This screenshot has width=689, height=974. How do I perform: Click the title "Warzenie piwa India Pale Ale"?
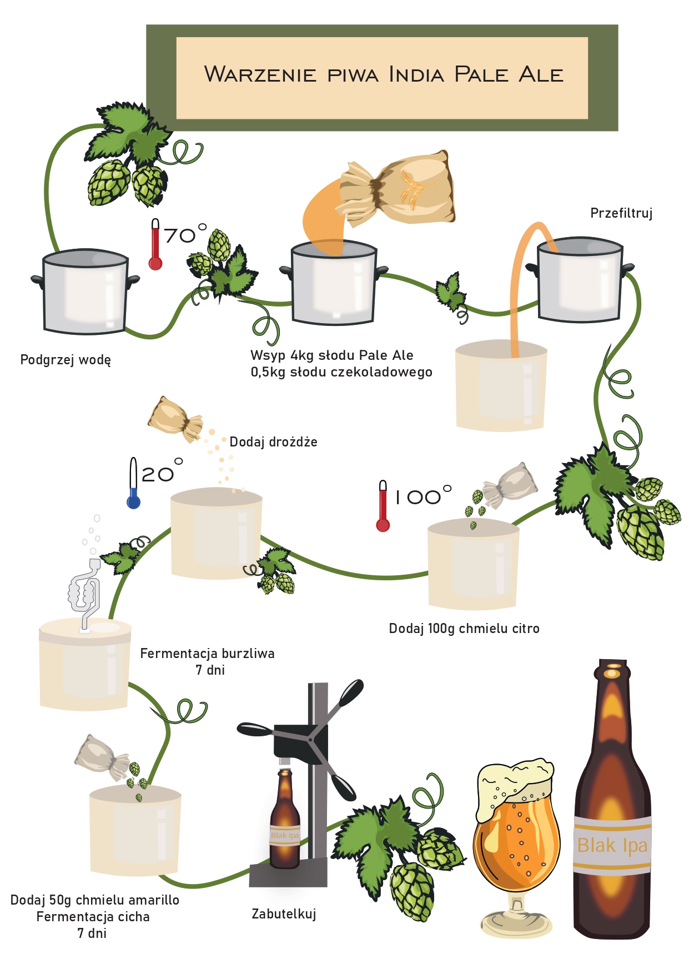point(384,74)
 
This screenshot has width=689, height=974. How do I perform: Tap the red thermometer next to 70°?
point(155,244)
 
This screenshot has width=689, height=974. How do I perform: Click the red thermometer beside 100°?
point(383,506)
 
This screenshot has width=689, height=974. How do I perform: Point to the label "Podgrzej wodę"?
point(66,360)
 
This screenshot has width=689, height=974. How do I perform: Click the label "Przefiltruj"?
point(621,213)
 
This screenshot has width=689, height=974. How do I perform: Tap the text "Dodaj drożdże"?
point(273,442)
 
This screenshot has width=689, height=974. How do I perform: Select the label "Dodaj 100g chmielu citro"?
point(464,629)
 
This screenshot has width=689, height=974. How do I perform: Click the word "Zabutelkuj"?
point(284,914)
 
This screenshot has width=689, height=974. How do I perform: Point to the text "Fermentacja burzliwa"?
point(207,654)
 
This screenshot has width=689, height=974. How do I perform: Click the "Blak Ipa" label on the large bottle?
point(612,845)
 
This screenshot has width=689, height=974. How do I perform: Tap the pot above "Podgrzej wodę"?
point(85,291)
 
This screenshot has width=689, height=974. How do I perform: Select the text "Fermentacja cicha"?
point(93,917)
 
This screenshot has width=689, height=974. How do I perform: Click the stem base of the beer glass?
point(516,924)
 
